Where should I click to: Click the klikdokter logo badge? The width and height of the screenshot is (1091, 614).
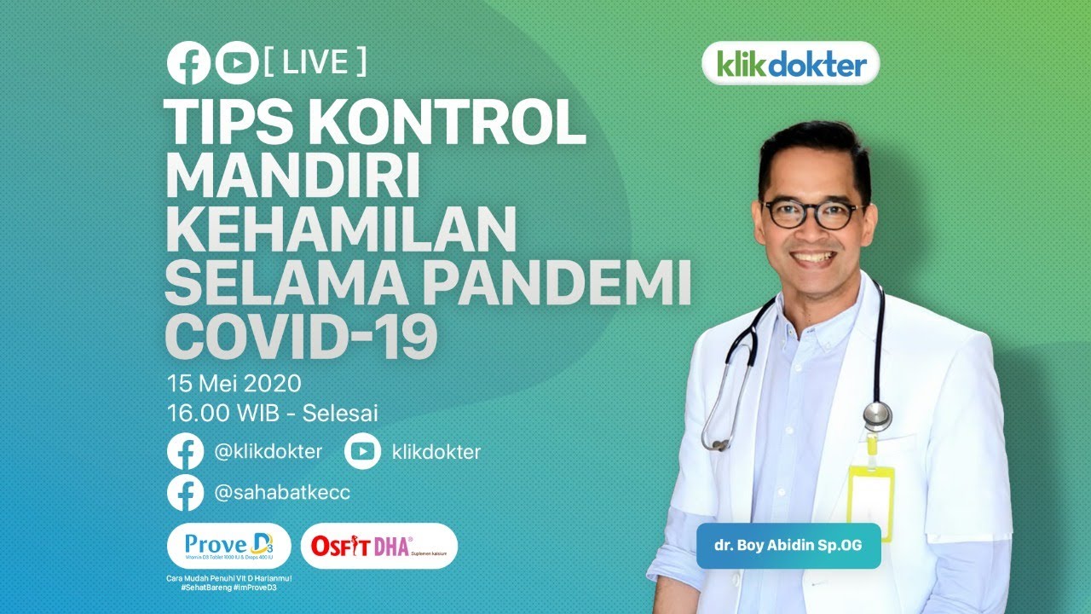[x=790, y=63]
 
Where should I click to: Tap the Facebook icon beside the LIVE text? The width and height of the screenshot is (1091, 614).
[x=188, y=63]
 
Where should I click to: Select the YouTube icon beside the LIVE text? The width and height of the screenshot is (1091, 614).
[x=236, y=63]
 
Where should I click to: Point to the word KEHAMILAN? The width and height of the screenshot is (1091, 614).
[x=341, y=230]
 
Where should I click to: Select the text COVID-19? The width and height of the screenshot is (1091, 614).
[x=301, y=337]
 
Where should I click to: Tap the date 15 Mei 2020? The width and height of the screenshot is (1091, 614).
[x=234, y=383]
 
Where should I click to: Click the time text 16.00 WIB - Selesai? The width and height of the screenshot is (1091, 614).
[x=274, y=414]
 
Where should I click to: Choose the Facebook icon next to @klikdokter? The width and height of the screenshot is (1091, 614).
[x=185, y=452]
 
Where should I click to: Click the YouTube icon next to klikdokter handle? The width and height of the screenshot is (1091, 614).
[x=362, y=452]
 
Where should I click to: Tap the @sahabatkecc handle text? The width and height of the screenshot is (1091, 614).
[x=282, y=493]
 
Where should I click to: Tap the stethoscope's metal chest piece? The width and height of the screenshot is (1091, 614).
[x=876, y=415]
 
